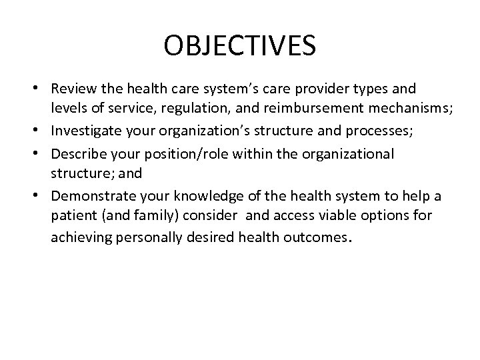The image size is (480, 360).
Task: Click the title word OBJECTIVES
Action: pyautogui.click(x=239, y=47)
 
